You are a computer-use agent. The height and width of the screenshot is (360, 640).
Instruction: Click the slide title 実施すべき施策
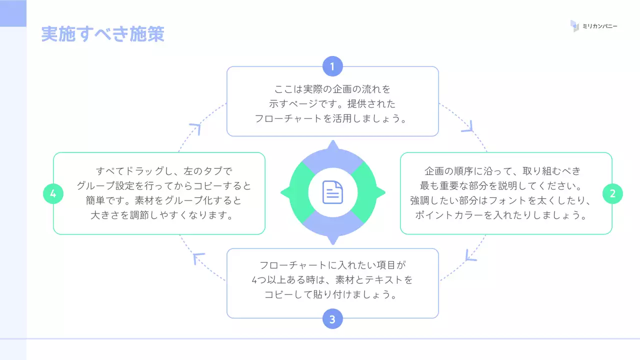(102, 34)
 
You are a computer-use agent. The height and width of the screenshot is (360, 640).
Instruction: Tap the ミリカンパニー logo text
(600, 26)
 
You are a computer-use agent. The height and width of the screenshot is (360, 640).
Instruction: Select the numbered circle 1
(332, 66)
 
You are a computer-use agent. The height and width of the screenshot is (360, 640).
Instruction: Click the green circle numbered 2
(612, 193)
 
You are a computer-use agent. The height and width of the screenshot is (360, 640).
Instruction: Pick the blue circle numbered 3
(332, 318)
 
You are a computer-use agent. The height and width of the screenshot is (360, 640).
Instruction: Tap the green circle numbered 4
(53, 193)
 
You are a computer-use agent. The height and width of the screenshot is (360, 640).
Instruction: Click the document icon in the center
(332, 192)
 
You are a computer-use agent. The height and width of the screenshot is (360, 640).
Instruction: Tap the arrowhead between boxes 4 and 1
(195, 128)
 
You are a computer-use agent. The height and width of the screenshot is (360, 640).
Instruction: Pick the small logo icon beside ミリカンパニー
(575, 26)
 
